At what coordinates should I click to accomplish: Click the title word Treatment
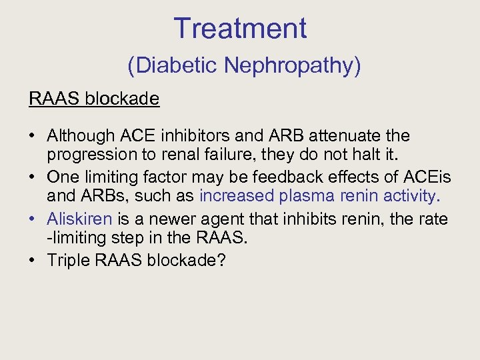(240, 28)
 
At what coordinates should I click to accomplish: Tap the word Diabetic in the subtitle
(175, 65)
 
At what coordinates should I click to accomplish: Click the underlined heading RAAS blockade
(94, 99)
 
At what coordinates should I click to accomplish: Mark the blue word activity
(411, 196)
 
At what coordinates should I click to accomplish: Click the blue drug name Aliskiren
(79, 218)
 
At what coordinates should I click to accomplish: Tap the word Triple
(69, 259)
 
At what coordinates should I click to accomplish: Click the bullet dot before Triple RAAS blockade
(33, 259)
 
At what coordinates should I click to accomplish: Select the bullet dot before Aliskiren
(33, 218)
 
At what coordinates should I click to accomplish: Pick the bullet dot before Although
(33, 136)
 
